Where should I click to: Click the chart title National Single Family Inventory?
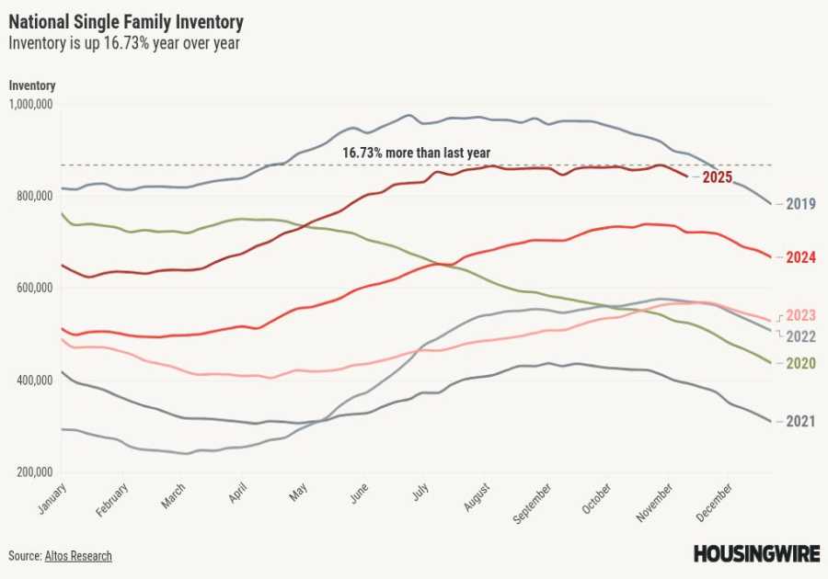(126, 20)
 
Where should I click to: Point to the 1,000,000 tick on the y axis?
(31, 104)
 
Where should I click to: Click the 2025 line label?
(717, 177)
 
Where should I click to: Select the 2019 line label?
(800, 204)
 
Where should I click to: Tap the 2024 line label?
(800, 257)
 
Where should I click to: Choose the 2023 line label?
(800, 315)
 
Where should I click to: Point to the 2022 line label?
(800, 335)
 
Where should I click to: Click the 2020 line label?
(800, 363)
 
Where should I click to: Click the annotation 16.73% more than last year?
(416, 153)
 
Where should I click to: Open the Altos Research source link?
(78, 556)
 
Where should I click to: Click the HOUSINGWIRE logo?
(754, 553)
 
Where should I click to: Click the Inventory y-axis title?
(32, 85)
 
